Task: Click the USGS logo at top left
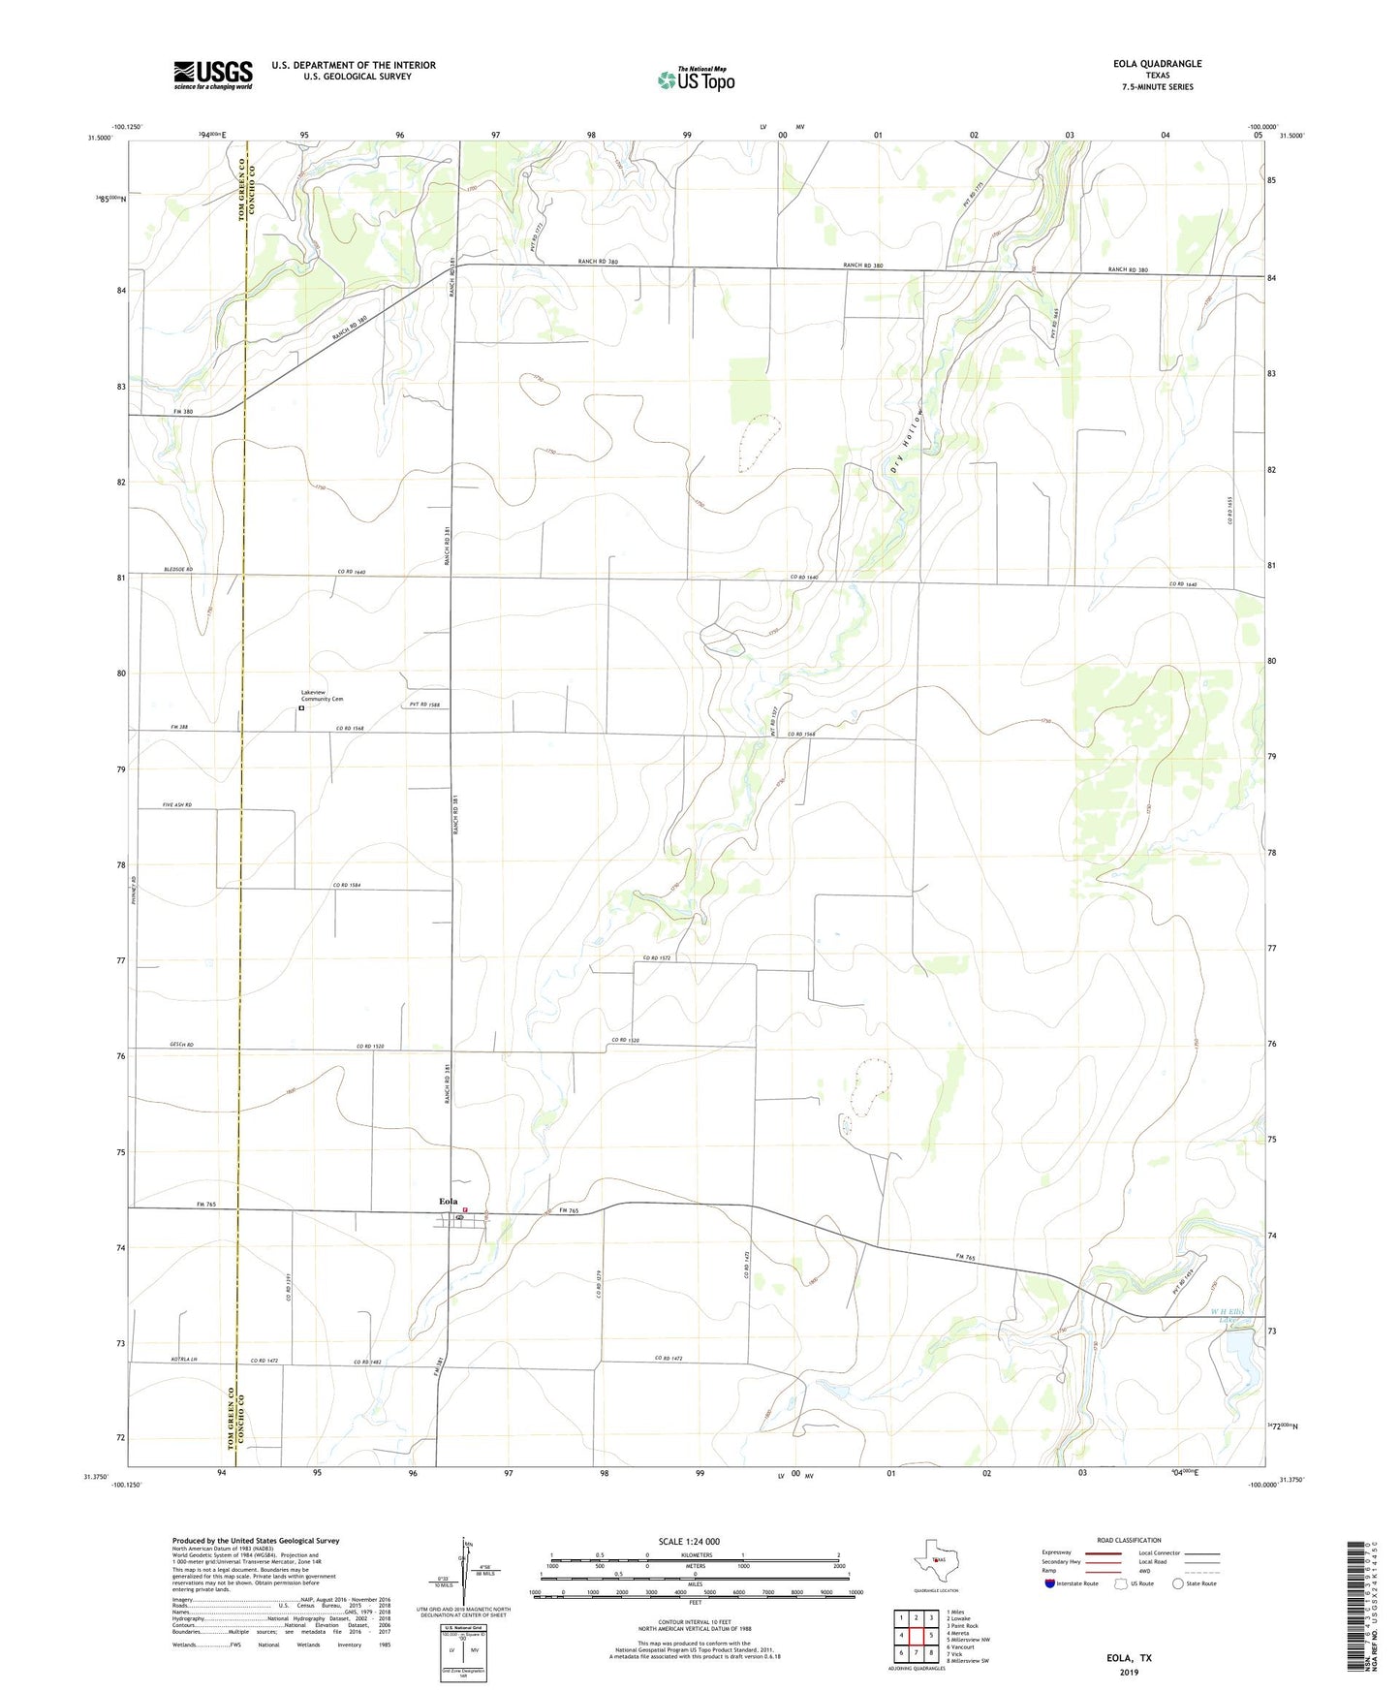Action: tap(213, 75)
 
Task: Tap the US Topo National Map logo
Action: tap(696, 78)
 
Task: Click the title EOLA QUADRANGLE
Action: tap(1157, 64)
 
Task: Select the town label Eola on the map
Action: tap(448, 1202)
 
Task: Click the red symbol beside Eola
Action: tap(465, 1209)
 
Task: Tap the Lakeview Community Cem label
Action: tap(322, 695)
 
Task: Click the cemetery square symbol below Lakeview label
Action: tap(301, 708)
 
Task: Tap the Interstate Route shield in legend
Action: tap(1051, 1582)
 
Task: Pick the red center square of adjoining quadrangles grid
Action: tap(916, 1636)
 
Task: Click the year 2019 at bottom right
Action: tap(1129, 1672)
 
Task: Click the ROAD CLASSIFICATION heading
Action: tap(1129, 1540)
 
